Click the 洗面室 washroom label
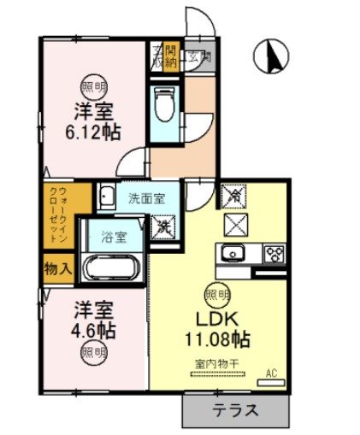coord(146,198)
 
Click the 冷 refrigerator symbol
coord(233,196)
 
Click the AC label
coord(272,373)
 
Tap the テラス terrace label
coord(235,409)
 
